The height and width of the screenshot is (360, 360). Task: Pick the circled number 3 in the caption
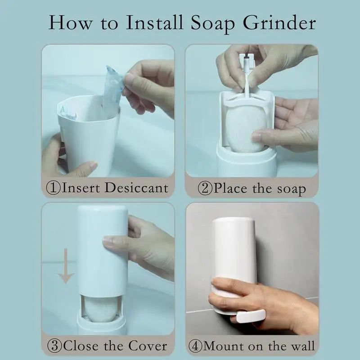[x=55, y=346]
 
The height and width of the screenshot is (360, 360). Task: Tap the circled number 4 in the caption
[x=196, y=346]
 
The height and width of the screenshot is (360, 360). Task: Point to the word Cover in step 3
[x=147, y=346]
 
